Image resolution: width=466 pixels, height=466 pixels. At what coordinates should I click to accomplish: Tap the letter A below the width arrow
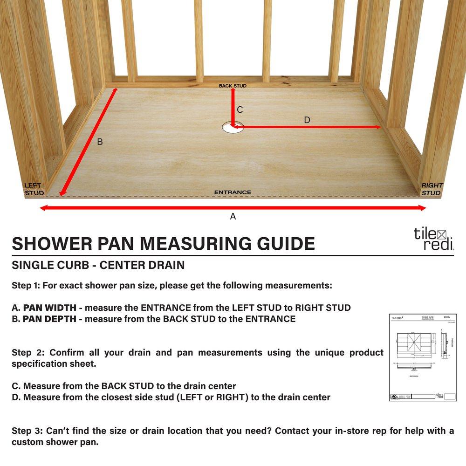233,216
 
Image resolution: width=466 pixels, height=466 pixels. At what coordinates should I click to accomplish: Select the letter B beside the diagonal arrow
100,142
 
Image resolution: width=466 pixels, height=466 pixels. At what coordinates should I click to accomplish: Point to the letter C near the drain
240,110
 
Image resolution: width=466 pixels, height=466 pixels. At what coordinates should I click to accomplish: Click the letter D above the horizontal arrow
307,120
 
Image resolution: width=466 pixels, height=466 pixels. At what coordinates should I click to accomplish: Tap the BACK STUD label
233,86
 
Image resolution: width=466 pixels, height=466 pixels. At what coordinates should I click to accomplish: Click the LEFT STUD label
34,189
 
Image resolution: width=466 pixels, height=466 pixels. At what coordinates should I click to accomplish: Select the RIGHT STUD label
432,189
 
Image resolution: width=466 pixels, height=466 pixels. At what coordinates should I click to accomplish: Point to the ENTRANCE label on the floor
233,192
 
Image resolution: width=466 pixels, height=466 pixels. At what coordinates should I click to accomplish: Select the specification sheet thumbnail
423,357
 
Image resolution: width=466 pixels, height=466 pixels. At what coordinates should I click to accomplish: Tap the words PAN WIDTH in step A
51,308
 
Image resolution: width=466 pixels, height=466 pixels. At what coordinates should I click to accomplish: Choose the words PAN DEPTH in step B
51,319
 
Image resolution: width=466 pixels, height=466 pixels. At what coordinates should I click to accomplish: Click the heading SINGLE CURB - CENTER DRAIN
98,266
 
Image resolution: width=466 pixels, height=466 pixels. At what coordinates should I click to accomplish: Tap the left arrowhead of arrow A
43,208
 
